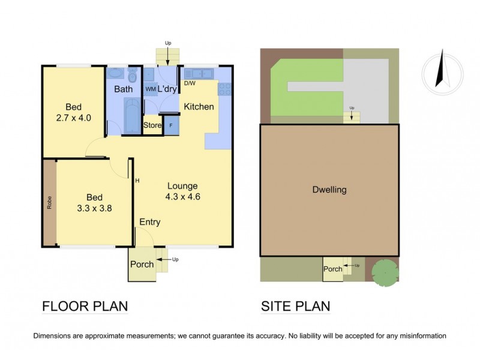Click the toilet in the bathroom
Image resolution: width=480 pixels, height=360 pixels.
coord(133,75)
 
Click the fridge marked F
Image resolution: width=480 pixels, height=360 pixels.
coord(171,126)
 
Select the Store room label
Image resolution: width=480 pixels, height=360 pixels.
coord(152,126)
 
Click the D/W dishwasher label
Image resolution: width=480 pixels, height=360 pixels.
coord(190,83)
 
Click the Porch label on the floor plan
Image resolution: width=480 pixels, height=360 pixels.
coord(142,264)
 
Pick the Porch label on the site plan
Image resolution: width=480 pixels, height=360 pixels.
coord(332,269)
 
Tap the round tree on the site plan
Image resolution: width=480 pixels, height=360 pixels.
coord(384,272)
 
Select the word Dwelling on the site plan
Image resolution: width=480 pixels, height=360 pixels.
coord(329,190)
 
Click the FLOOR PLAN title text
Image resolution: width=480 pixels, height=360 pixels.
coord(85,307)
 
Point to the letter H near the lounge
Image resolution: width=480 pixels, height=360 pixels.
coord(137,181)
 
